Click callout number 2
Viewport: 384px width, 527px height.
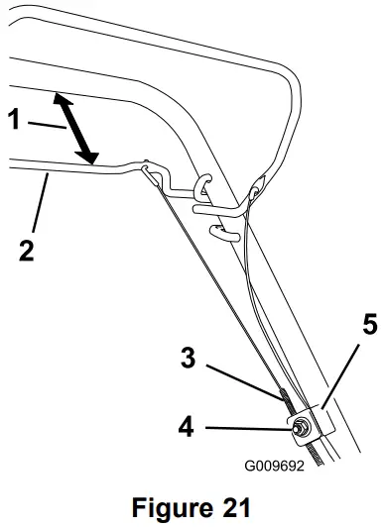coord(25,247)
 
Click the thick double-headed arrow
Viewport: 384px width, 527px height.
coord(76,129)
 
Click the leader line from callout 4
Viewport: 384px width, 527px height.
coord(248,428)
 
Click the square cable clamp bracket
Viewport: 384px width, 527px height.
coord(316,421)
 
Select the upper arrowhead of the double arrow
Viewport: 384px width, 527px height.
coord(60,100)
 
